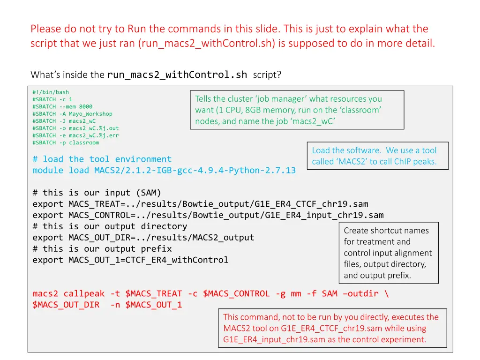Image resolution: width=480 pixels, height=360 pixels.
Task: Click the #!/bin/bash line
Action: tap(51, 92)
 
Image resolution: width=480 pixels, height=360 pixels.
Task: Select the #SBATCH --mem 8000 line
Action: tap(62, 106)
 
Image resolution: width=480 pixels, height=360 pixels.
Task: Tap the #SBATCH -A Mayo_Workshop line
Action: tap(72, 114)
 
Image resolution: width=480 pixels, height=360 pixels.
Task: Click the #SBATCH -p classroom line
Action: tap(66, 142)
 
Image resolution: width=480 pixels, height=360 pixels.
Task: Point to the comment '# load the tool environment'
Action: tap(102, 159)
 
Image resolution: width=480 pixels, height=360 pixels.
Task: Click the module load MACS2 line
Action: tap(164, 171)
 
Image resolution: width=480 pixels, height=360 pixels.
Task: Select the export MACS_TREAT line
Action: tap(200, 204)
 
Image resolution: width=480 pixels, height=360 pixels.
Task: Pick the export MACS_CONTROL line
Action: tap(208, 216)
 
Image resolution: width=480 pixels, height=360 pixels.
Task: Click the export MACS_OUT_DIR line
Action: tap(143, 238)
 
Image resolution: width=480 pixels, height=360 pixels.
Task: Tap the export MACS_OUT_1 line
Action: tap(130, 260)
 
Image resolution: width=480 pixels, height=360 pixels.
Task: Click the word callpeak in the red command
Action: tap(84, 294)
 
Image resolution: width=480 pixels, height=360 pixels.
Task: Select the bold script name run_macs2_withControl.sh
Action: tap(177, 75)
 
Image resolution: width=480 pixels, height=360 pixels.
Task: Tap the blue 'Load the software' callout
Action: tap(377, 156)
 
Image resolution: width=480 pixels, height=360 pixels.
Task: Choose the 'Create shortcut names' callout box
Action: tap(388, 253)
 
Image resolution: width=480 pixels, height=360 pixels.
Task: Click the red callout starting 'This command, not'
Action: tap(332, 328)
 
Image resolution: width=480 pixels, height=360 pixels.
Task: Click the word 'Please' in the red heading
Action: tap(45, 29)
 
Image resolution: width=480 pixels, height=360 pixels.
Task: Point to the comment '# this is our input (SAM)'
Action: tap(97, 193)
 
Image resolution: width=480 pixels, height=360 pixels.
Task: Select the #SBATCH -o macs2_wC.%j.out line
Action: tap(75, 128)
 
